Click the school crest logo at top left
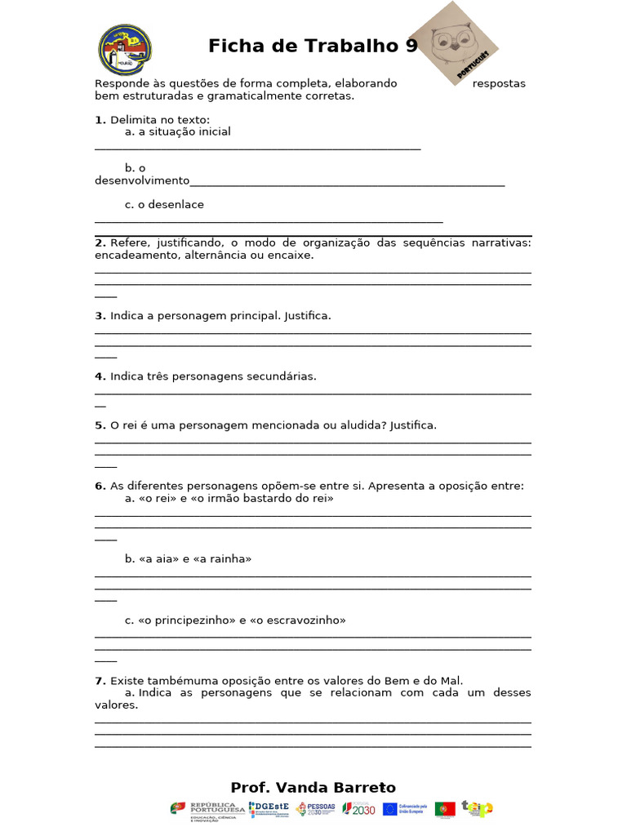coord(125,49)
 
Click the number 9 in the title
coord(411,46)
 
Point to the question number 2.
coord(100,242)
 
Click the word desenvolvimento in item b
coord(142,180)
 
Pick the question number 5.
coord(100,425)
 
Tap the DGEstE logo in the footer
coord(269,809)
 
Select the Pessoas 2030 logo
coord(315,809)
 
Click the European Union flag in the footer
coord(389,809)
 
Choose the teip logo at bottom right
coord(477,808)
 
